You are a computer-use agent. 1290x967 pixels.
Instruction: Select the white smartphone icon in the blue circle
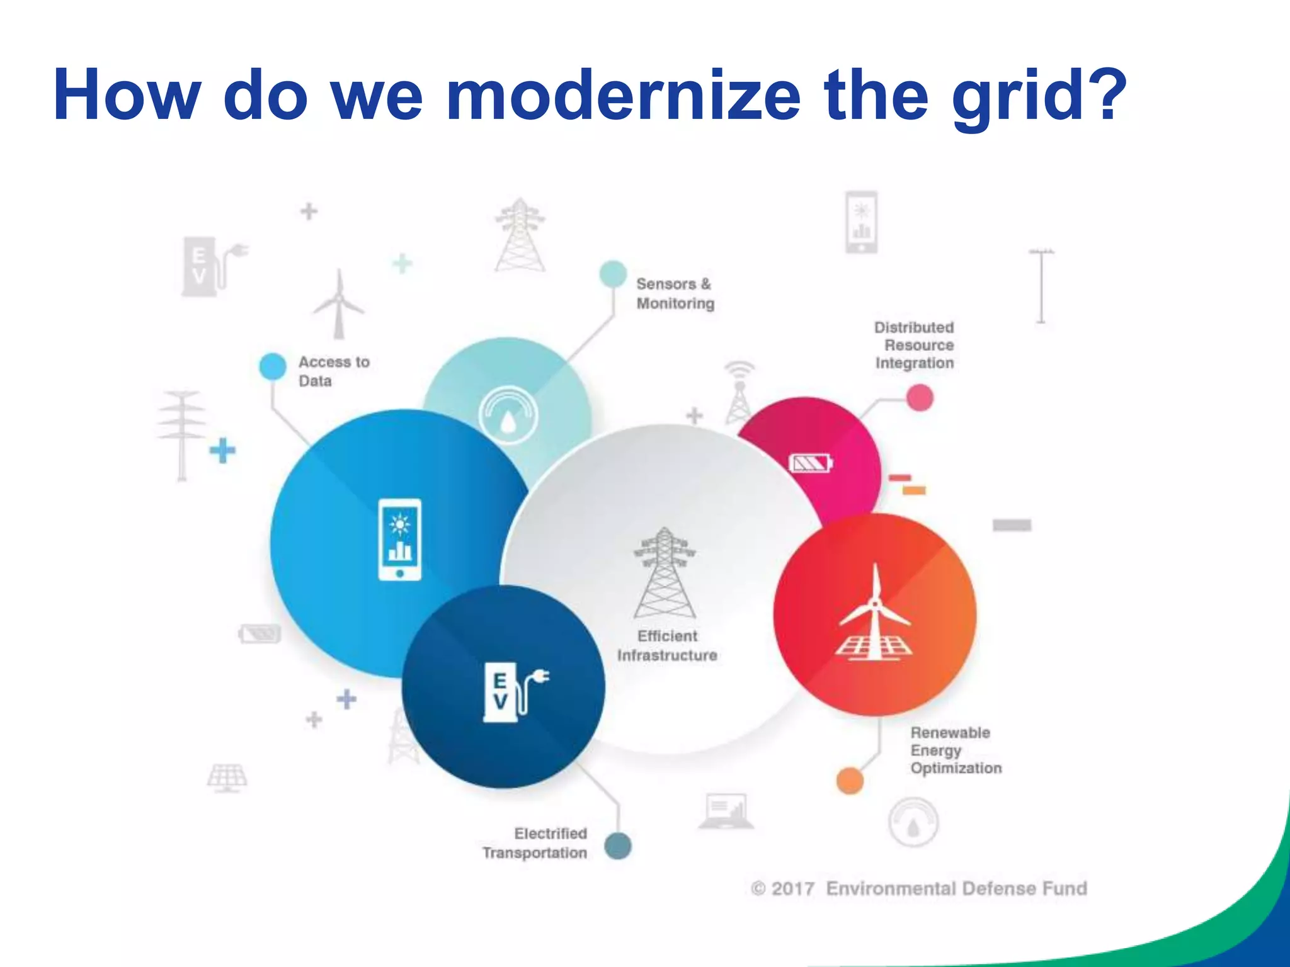399,540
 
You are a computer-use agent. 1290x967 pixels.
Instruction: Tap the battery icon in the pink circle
811,464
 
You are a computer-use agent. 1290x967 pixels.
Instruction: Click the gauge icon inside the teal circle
508,416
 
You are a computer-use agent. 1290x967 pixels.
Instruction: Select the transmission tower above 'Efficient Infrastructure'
665,573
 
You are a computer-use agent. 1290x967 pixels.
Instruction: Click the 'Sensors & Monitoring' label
675,293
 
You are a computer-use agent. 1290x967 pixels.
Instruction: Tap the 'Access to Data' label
333,371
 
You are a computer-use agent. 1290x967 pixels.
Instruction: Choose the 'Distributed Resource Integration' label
914,345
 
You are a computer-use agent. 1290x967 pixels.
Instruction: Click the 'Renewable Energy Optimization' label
955,750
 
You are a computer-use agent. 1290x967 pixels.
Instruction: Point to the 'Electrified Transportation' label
535,843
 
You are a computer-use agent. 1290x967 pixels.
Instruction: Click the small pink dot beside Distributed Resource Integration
920,398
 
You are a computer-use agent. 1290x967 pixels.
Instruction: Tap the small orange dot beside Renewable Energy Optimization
849,781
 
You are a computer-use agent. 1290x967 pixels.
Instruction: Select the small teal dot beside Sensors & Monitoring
613,274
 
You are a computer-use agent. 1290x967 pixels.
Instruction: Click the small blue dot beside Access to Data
273,366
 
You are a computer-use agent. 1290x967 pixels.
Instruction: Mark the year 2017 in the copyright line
792,888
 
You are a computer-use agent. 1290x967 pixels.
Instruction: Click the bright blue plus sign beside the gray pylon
222,450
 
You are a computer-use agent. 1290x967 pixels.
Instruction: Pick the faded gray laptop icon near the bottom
726,811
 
